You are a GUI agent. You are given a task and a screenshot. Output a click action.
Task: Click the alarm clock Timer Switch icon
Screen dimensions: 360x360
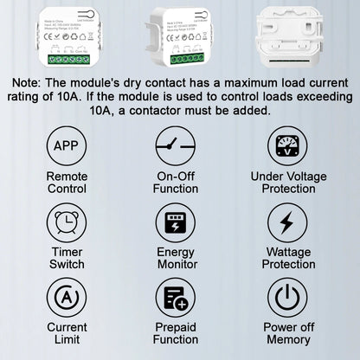click(x=67, y=222)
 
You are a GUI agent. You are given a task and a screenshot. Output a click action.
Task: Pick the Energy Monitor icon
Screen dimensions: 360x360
click(x=176, y=222)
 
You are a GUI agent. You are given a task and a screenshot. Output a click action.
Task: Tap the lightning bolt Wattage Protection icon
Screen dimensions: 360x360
click(x=287, y=222)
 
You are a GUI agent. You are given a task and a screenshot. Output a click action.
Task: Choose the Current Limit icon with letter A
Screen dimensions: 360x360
click(x=67, y=298)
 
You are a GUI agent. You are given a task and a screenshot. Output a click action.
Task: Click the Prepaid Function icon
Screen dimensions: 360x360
click(x=176, y=298)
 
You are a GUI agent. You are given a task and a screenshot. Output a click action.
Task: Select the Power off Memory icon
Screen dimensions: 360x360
click(x=287, y=298)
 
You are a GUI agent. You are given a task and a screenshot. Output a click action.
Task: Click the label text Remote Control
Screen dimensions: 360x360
click(x=67, y=183)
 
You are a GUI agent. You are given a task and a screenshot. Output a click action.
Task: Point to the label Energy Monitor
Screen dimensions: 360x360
click(x=176, y=258)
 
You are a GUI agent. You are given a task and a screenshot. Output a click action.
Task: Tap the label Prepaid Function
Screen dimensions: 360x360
click(x=176, y=334)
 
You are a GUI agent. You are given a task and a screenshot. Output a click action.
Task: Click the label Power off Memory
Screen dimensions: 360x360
click(x=287, y=334)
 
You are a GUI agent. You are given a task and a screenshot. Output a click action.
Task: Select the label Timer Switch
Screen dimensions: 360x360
click(x=67, y=258)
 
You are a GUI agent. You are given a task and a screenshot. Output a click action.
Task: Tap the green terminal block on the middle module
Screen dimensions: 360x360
click(x=185, y=58)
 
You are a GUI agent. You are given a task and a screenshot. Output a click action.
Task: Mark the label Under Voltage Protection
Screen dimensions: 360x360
click(x=287, y=183)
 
